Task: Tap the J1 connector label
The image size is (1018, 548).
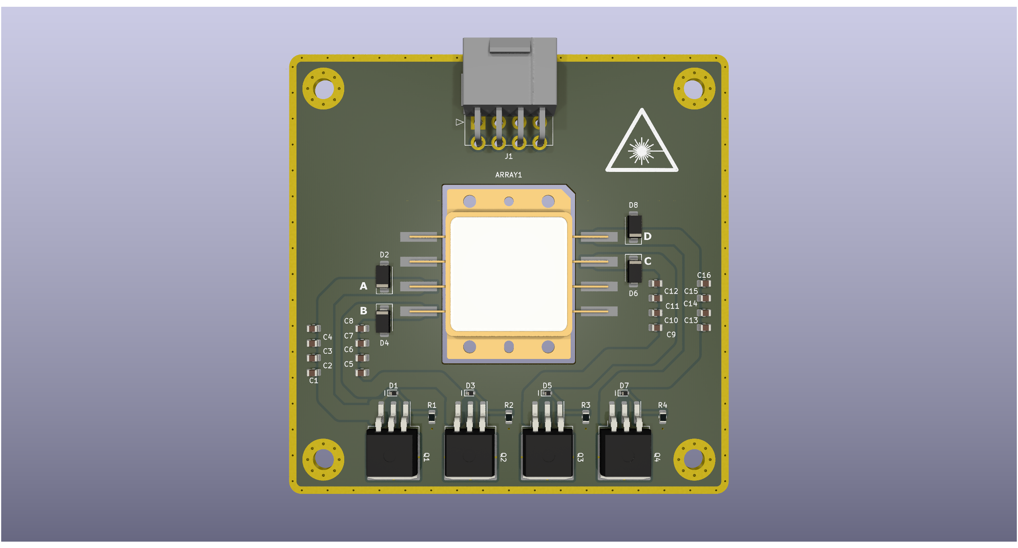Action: [509, 156]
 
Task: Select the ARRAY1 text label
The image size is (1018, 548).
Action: [508, 175]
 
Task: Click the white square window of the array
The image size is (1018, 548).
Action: [508, 274]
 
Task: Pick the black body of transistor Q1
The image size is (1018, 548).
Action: [392, 454]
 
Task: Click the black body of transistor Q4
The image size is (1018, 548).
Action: [625, 454]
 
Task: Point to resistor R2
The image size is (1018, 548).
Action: [509, 417]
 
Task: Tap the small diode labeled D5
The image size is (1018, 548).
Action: [546, 393]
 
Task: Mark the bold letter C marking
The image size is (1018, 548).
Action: [647, 261]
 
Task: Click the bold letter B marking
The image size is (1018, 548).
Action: [363, 310]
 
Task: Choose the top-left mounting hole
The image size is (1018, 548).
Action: [324, 88]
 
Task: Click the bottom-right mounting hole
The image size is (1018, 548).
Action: [694, 459]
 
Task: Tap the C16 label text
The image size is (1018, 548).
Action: [704, 275]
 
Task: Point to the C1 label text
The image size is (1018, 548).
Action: [314, 380]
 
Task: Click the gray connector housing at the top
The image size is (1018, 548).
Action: [509, 72]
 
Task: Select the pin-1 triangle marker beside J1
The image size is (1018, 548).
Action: [460, 122]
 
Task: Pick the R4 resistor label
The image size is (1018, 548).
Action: [662, 405]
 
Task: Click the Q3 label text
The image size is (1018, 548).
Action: [580, 457]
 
